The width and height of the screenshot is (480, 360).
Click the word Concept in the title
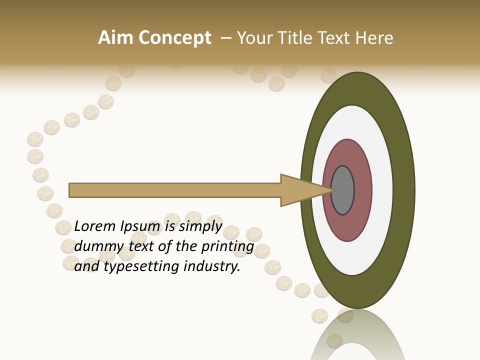pyautogui.click(x=174, y=38)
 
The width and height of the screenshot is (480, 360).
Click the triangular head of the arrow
pyautogui.click(x=300, y=190)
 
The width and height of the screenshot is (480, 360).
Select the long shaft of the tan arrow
pyautogui.click(x=175, y=190)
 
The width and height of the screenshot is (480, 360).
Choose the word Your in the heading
pyautogui.click(x=255, y=38)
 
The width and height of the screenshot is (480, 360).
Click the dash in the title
pyautogui.click(x=226, y=38)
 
